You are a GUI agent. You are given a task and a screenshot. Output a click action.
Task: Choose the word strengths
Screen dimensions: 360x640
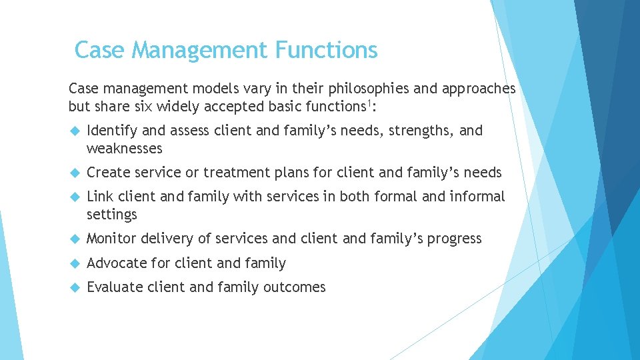421,131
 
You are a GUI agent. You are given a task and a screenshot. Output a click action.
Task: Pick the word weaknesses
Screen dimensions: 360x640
125,148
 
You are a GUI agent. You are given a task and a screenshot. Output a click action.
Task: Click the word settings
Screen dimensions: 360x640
112,215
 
